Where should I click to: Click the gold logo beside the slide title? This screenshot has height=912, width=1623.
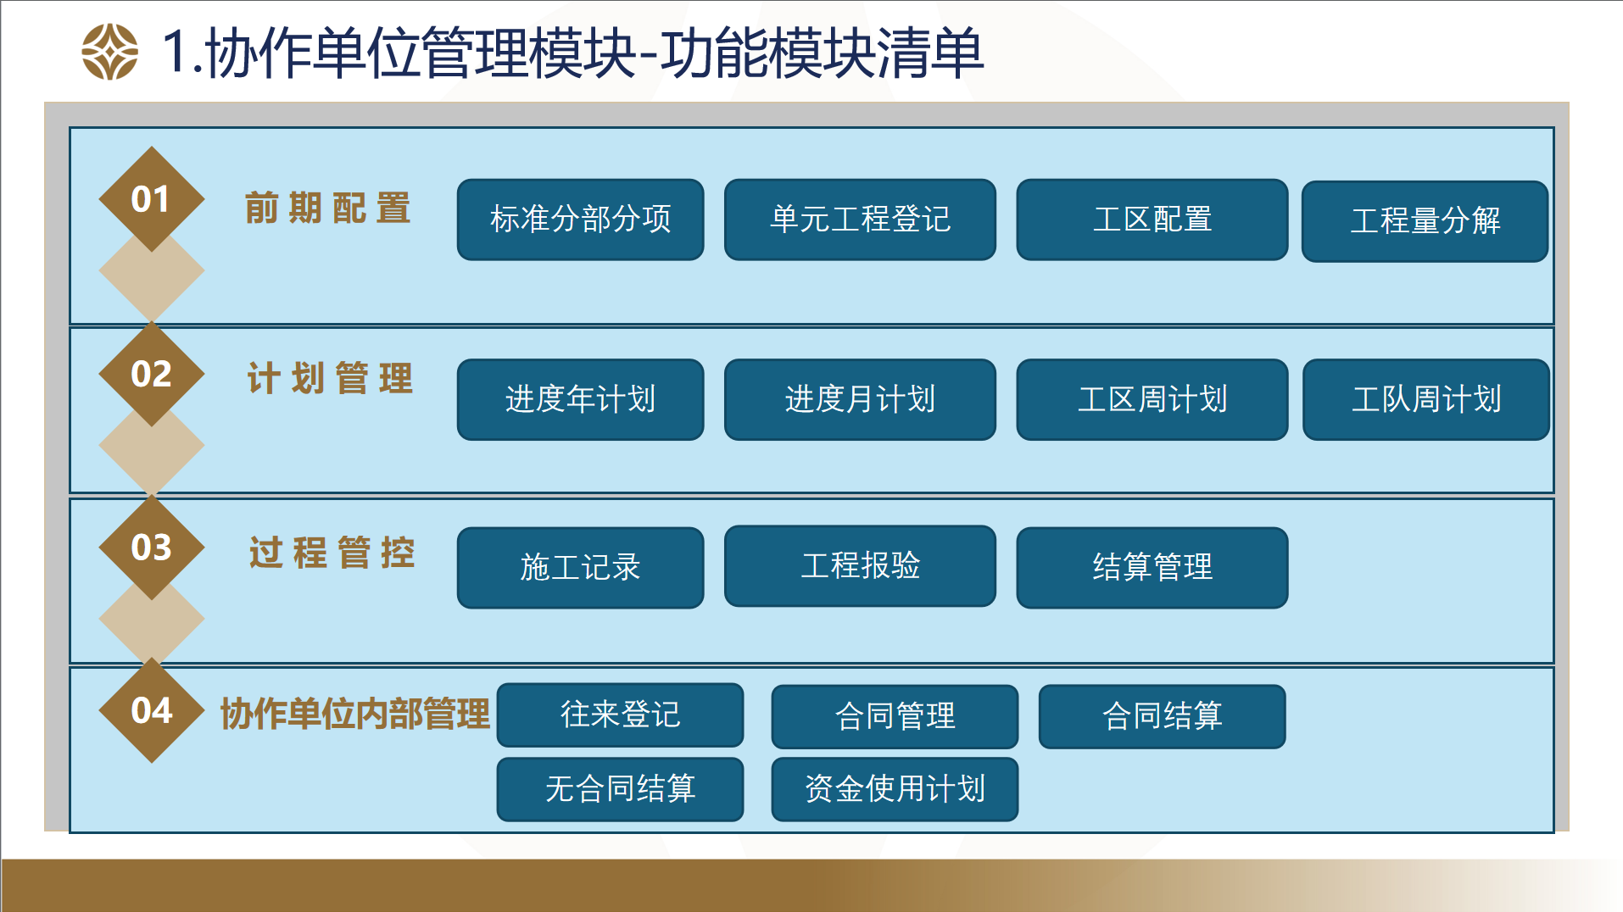pyautogui.click(x=109, y=52)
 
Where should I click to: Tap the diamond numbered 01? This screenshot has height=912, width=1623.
pyautogui.click(x=152, y=199)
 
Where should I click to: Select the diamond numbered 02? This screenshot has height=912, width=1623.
pyautogui.click(x=152, y=374)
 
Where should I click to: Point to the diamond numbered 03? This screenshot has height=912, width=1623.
pyautogui.click(x=152, y=548)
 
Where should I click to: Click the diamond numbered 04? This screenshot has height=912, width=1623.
pyautogui.click(x=152, y=710)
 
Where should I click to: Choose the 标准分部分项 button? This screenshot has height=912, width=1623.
pyautogui.click(x=581, y=220)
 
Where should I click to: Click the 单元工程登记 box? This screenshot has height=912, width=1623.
pyautogui.click(x=860, y=220)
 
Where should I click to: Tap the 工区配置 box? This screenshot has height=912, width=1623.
pyautogui.click(x=1152, y=220)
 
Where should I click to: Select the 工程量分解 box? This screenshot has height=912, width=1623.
pyautogui.click(x=1425, y=221)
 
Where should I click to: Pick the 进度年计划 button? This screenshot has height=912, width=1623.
pyautogui.click(x=581, y=399)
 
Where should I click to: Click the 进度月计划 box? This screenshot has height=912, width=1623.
pyautogui.click(x=860, y=399)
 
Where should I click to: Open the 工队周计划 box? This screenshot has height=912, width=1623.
pyautogui.click(x=1426, y=399)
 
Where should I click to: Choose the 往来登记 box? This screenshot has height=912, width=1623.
pyautogui.click(x=621, y=715)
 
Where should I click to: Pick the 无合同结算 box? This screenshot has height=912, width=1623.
pyautogui.click(x=621, y=789)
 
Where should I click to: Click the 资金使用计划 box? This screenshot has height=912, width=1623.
pyautogui.click(x=895, y=789)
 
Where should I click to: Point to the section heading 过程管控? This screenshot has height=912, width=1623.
pyautogui.click(x=332, y=553)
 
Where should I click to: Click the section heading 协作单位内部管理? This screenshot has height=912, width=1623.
pyautogui.click(x=355, y=714)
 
